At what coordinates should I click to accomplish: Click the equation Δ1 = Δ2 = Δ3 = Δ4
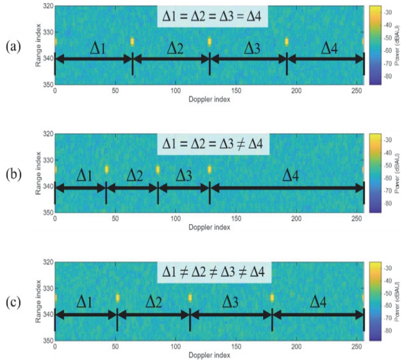pos(213,19)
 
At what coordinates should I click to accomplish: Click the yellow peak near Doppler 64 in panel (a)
pos(132,42)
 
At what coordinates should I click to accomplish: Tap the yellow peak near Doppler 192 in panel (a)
pos(287,42)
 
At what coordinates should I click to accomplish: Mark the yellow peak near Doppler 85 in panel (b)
pos(157,169)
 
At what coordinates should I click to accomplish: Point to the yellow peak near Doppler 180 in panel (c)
pos(272,298)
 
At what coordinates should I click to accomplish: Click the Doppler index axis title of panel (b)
pos(210,227)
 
